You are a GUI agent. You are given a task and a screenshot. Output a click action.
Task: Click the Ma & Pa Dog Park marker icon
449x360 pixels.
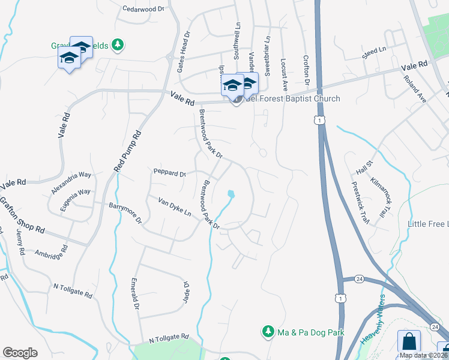268,332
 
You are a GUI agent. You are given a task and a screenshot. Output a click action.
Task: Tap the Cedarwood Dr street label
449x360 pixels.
143,9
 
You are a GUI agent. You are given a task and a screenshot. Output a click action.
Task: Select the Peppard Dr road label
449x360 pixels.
170,173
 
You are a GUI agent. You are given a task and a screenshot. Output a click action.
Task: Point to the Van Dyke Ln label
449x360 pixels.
174,207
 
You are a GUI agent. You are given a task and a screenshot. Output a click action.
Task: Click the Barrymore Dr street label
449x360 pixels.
125,212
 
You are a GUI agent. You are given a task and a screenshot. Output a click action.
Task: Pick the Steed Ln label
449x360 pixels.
375,52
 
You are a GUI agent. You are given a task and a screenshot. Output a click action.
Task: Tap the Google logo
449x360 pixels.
20,353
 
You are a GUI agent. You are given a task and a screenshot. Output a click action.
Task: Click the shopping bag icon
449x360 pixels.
409,341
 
